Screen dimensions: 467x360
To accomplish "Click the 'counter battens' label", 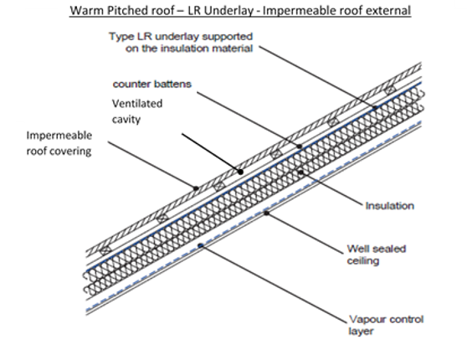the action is pos(151,85).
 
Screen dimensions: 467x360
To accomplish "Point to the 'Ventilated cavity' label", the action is pos(137,111).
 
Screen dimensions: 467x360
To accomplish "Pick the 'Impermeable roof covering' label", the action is pos(59,143).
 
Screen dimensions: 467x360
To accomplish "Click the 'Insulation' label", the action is pos(389,206).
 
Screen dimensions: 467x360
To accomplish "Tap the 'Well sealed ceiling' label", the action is pos(377,255).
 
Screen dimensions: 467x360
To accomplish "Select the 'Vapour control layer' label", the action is pos(386,325).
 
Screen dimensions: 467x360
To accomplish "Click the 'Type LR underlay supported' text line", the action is pos(181,37).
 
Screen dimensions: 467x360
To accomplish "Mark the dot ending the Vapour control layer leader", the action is pos(201,245).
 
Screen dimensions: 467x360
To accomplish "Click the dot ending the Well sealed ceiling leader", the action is pos(267,213).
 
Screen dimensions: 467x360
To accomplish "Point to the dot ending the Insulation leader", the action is pos(301,172).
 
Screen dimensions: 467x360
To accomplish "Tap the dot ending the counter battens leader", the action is pos(300,146).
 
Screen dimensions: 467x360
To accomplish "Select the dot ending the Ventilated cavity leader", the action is pos(241,172).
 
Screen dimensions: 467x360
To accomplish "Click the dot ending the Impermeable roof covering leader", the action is pos(196,188).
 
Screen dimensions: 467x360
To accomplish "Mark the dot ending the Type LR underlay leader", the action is pos(375,108).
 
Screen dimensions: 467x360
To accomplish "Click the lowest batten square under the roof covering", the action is pos(105,251).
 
